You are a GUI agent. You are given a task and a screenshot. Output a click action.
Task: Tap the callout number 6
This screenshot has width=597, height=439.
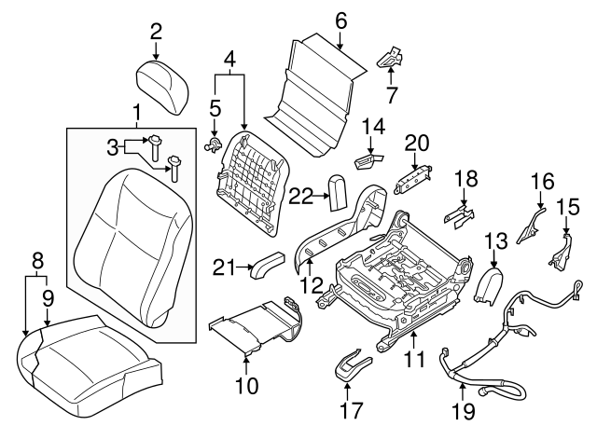pos(340,20)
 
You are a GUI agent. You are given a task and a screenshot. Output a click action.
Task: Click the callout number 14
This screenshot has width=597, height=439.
pos(373,126)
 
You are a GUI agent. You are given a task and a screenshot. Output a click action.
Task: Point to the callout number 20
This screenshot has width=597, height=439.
pos(416,142)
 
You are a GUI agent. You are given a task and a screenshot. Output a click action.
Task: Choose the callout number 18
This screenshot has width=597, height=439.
pos(465,178)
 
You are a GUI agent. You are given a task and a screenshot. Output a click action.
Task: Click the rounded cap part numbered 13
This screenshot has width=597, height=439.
pos(489,283)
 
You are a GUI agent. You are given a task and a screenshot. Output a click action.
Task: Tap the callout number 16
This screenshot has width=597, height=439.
pos(543,180)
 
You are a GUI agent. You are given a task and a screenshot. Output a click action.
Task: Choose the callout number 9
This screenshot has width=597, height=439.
pos(47,299)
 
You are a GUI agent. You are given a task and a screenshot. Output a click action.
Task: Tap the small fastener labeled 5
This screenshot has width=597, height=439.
pos(214,143)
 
